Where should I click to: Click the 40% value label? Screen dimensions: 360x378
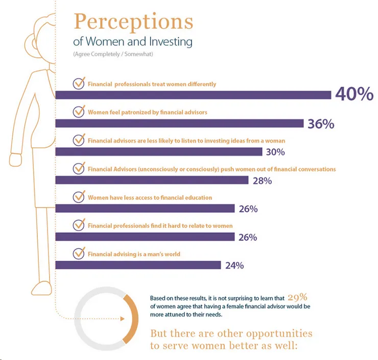355,95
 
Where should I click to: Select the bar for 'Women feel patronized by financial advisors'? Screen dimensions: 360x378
179,123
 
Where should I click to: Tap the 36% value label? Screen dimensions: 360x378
321,124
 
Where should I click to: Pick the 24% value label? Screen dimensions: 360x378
233,265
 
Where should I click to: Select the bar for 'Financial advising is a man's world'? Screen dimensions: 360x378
138,265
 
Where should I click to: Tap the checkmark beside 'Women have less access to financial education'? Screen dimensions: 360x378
79,197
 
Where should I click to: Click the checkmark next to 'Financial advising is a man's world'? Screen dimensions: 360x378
79,253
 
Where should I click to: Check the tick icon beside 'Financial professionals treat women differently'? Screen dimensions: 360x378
79,84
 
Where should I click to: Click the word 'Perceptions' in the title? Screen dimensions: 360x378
134,22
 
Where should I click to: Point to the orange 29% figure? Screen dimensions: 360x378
297,297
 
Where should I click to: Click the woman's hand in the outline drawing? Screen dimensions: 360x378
16,160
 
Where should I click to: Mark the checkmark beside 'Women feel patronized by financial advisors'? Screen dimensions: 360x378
79,112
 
